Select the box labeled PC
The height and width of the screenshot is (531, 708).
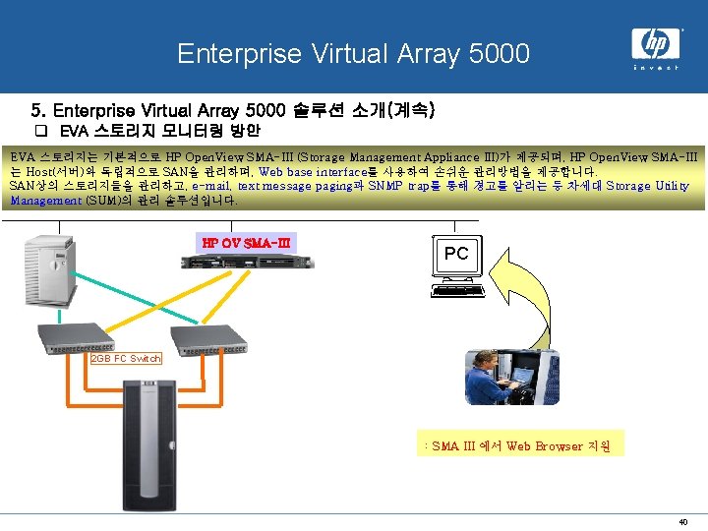(x=456, y=253)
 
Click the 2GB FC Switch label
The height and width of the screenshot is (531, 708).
(x=126, y=358)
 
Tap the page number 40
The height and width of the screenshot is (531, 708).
(x=682, y=521)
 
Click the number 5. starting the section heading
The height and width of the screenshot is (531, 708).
(x=39, y=109)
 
